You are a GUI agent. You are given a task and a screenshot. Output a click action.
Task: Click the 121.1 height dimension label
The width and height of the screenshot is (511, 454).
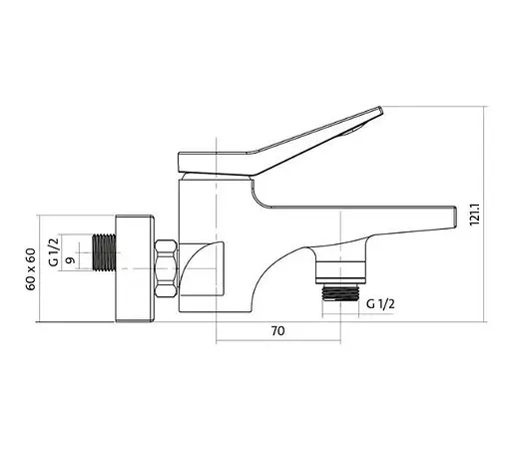pos(475,215)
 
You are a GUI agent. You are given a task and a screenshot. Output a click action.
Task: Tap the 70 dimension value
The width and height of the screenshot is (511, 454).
pos(278,331)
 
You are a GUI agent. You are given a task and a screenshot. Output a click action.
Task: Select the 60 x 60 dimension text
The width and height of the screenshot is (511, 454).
pos(31,269)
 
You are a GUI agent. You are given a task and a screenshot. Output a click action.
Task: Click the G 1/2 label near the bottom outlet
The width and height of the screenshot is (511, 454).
pos(380,304)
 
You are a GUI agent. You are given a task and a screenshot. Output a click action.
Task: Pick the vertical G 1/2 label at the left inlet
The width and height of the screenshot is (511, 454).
pos(54,250)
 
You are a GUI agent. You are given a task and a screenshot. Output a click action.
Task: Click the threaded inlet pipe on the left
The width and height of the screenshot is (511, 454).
pos(104,251)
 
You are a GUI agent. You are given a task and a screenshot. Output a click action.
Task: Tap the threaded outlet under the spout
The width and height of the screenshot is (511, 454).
pos(340,293)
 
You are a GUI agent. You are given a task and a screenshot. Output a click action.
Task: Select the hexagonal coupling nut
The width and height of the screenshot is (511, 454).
pos(166,268)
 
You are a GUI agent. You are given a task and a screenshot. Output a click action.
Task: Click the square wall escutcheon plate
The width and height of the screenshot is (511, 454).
pos(135,268)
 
